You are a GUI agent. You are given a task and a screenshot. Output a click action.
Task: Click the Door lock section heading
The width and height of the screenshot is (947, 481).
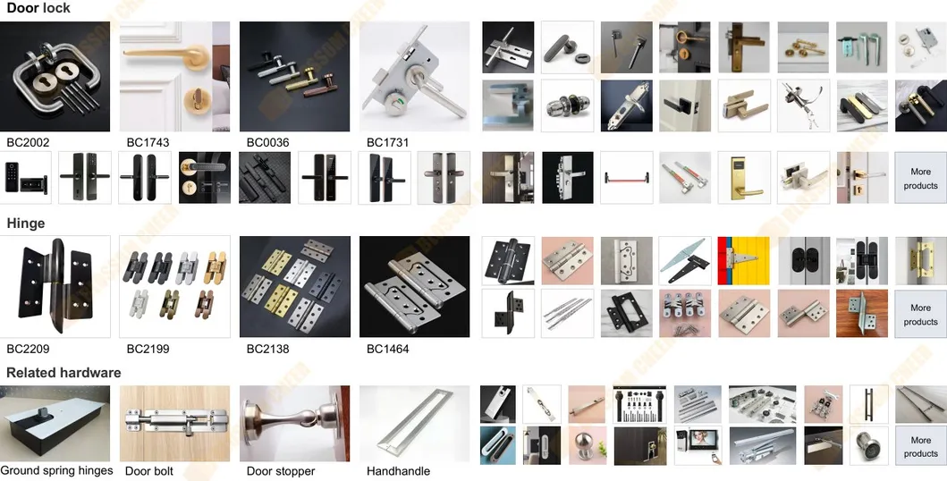[38, 8]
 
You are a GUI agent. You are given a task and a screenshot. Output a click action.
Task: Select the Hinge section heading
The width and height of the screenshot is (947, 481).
[26, 224]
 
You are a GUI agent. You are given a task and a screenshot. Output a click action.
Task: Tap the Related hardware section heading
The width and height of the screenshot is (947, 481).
[63, 373]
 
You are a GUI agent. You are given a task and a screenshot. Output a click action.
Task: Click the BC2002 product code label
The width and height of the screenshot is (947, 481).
[28, 142]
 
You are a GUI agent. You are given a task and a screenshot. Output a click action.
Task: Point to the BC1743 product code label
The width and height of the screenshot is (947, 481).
[148, 142]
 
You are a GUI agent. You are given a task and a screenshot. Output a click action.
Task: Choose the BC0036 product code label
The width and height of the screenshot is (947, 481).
[267, 142]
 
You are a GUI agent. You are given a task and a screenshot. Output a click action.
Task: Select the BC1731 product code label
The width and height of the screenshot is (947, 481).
[387, 142]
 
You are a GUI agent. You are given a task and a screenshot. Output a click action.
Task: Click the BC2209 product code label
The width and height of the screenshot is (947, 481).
[28, 349]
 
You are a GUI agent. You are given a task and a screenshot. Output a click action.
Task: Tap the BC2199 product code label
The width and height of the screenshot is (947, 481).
[148, 349]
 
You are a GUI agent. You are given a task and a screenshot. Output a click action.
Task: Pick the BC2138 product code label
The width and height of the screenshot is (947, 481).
[267, 349]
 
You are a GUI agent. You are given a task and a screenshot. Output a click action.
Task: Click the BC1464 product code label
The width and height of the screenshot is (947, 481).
[387, 349]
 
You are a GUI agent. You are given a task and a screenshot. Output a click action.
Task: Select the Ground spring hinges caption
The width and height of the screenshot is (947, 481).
[56, 470]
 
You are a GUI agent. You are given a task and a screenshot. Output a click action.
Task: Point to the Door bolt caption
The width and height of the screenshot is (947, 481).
[149, 471]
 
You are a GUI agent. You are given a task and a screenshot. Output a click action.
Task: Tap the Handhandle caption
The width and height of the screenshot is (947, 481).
[398, 471]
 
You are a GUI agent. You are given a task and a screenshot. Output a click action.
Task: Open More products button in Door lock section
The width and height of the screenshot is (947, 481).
[920, 178]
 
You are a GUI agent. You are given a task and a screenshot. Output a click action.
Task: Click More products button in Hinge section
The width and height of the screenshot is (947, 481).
[920, 314]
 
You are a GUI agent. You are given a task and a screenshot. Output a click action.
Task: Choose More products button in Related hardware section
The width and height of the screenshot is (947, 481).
[920, 446]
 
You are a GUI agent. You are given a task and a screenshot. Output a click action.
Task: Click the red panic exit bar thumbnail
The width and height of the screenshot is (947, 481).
[626, 177]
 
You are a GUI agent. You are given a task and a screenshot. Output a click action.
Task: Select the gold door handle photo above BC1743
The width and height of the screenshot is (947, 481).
[174, 77]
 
